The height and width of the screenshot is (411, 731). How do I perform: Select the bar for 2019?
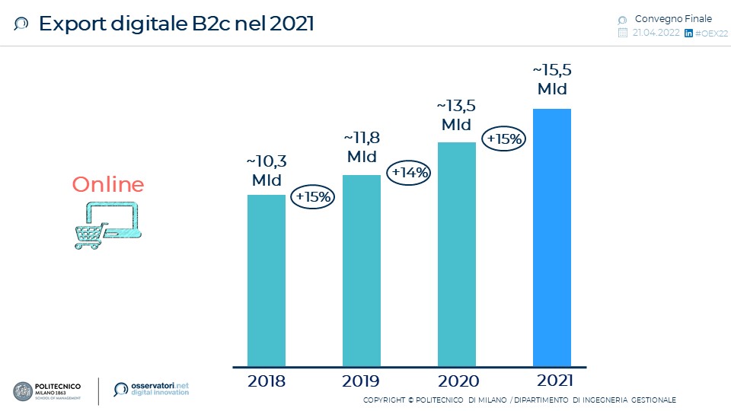[x=362, y=270]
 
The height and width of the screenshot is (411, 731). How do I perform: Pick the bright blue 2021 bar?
[x=552, y=237]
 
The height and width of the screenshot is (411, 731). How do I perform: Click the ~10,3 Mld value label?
[x=267, y=170]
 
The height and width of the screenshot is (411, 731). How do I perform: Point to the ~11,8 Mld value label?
[x=362, y=148]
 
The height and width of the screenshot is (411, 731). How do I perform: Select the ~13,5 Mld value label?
[x=457, y=115]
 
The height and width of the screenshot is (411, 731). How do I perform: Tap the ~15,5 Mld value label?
[x=552, y=79]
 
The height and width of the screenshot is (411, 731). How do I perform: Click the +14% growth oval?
[x=410, y=173]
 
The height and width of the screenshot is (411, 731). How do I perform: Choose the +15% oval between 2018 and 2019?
[x=314, y=196]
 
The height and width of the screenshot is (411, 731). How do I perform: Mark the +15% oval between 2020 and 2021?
[x=504, y=139]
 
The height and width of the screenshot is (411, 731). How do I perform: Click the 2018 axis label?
[x=267, y=381]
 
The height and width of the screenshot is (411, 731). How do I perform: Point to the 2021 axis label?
[x=552, y=381]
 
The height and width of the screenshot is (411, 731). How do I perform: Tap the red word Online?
[x=108, y=185]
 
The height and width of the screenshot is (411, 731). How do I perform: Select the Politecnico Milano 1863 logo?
[x=49, y=390]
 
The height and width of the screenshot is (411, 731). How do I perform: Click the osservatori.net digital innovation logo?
[x=151, y=389]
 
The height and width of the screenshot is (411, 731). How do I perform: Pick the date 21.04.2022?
[x=656, y=33]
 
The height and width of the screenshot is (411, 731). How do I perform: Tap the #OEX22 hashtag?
[x=711, y=33]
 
